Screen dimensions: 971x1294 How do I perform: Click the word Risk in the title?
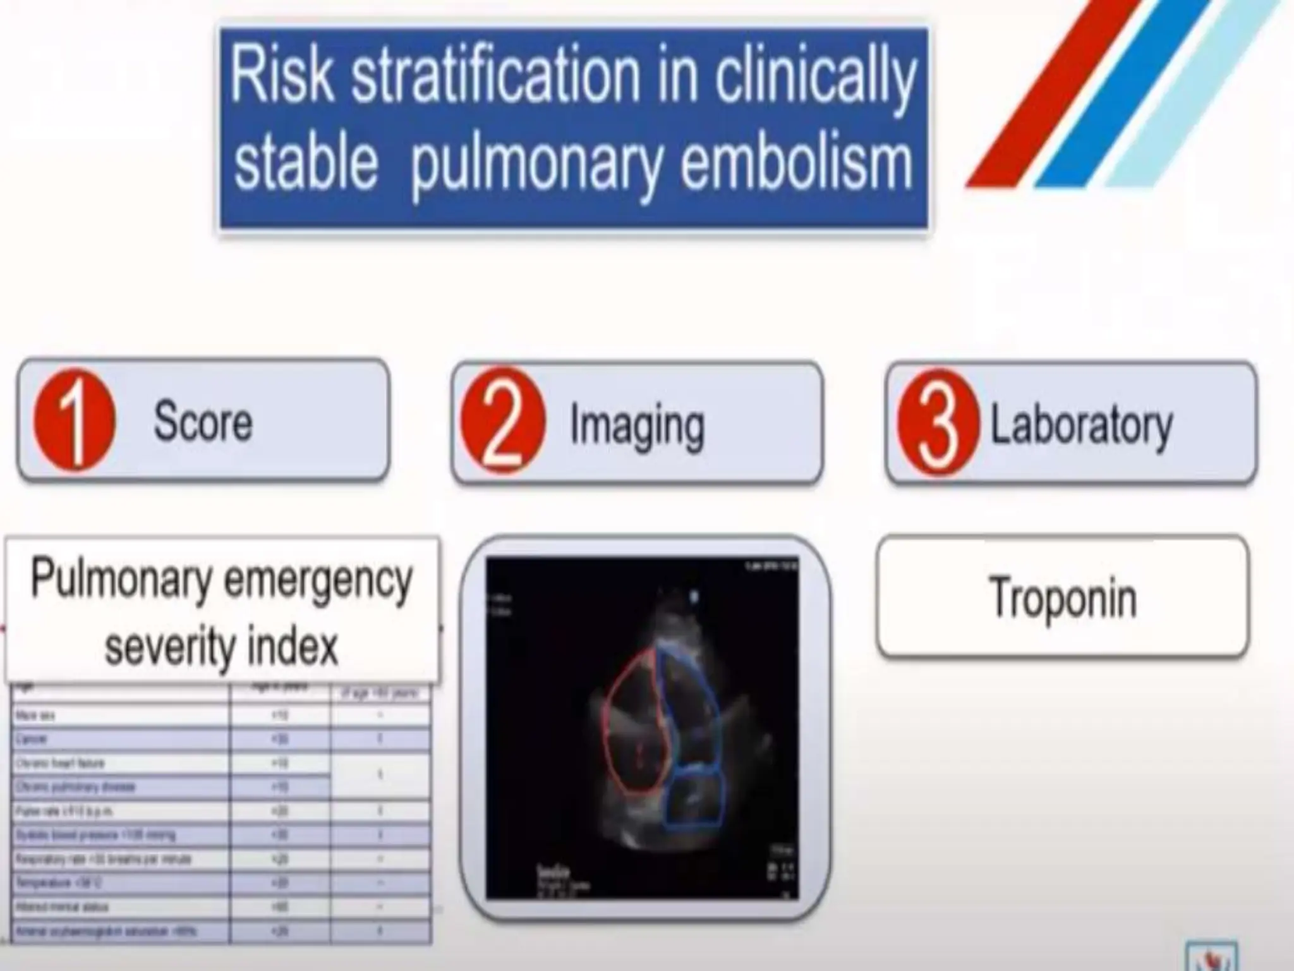pos(281,76)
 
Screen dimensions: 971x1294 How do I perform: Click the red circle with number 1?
pos(75,420)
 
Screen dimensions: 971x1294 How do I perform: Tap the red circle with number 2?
pos(502,421)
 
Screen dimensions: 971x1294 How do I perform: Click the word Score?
pos(203,421)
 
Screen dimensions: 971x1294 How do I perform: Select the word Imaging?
pos(637,425)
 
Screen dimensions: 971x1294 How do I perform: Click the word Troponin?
pos(1063,597)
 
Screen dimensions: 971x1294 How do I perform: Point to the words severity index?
pos(221,646)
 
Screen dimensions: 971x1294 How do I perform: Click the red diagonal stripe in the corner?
pos(1049,95)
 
